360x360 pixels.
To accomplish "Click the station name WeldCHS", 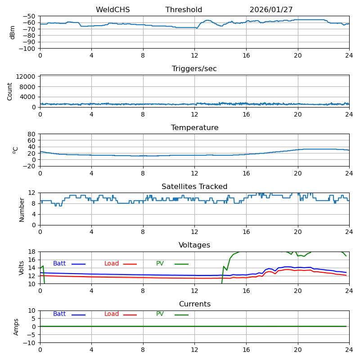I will pyautogui.click(x=112, y=10).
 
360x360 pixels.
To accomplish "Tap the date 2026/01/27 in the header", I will pyautogui.click(x=271, y=10).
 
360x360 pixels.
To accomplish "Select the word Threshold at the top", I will pyautogui.click(x=184, y=10).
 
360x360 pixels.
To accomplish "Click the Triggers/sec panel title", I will pyautogui.click(x=194, y=69).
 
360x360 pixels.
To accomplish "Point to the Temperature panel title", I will pyautogui.click(x=194, y=128).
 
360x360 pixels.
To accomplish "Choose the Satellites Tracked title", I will pyautogui.click(x=194, y=187).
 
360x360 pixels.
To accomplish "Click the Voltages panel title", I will pyautogui.click(x=194, y=245).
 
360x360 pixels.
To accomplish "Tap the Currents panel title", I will pyautogui.click(x=194, y=304).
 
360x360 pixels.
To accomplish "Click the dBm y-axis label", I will pyautogui.click(x=13, y=32).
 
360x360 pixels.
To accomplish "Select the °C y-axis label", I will pyautogui.click(x=15, y=150).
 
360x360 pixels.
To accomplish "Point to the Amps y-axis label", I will pyautogui.click(x=16, y=327).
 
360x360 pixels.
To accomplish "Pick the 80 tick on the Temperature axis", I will pyautogui.click(x=31, y=134).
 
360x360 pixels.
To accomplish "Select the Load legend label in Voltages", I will pyautogui.click(x=112, y=264).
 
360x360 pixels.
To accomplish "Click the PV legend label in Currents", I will pyautogui.click(x=160, y=314).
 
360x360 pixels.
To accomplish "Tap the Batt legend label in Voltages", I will pyautogui.click(x=59, y=264).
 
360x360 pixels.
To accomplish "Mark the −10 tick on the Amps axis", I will pyautogui.click(x=30, y=343).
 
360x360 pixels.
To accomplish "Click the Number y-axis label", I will pyautogui.click(x=22, y=209).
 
